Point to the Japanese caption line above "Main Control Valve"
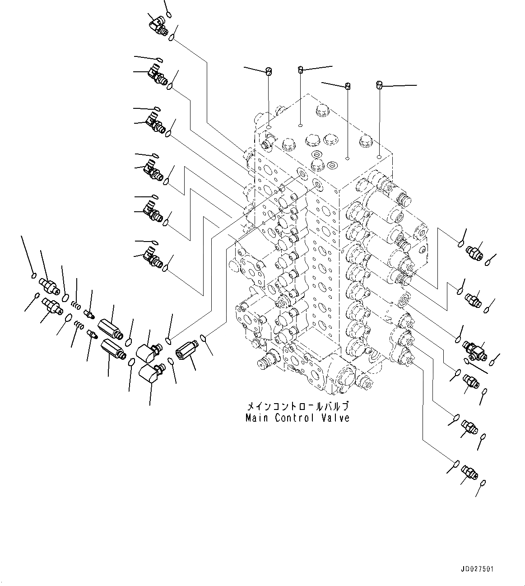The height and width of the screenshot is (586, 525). pos(297,405)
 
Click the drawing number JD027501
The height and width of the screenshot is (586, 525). pos(477,569)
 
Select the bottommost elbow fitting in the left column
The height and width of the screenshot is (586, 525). pos(153,257)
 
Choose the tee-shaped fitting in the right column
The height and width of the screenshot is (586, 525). pos(475,350)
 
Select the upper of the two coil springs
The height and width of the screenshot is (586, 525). pos(77,306)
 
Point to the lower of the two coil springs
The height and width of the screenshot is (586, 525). pos(78,325)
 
